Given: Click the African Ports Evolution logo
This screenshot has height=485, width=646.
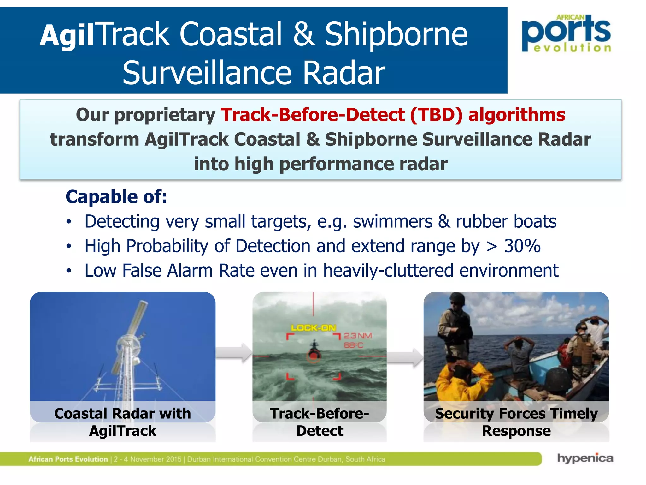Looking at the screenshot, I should (566, 33).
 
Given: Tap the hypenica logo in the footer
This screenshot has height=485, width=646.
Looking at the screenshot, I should (585, 458).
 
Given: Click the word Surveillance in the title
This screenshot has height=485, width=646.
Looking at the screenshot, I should (207, 73).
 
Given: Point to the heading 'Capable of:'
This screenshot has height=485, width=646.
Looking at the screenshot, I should (116, 197).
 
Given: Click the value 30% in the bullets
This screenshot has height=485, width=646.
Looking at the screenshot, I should (522, 246).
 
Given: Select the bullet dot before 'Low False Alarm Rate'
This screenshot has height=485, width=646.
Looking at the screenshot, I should (69, 271).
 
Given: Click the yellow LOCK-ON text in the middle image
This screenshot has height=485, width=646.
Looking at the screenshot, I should (313, 328).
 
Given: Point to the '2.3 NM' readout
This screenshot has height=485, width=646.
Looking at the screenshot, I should (358, 336).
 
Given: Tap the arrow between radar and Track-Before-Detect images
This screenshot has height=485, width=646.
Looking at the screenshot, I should (234, 352).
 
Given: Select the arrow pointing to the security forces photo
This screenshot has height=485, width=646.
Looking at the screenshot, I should (405, 358).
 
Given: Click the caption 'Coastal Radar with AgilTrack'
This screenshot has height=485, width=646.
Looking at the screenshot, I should (123, 422).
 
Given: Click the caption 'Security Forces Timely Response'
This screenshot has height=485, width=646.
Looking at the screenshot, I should (516, 422).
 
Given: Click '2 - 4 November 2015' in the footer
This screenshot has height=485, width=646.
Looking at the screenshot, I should (148, 459).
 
